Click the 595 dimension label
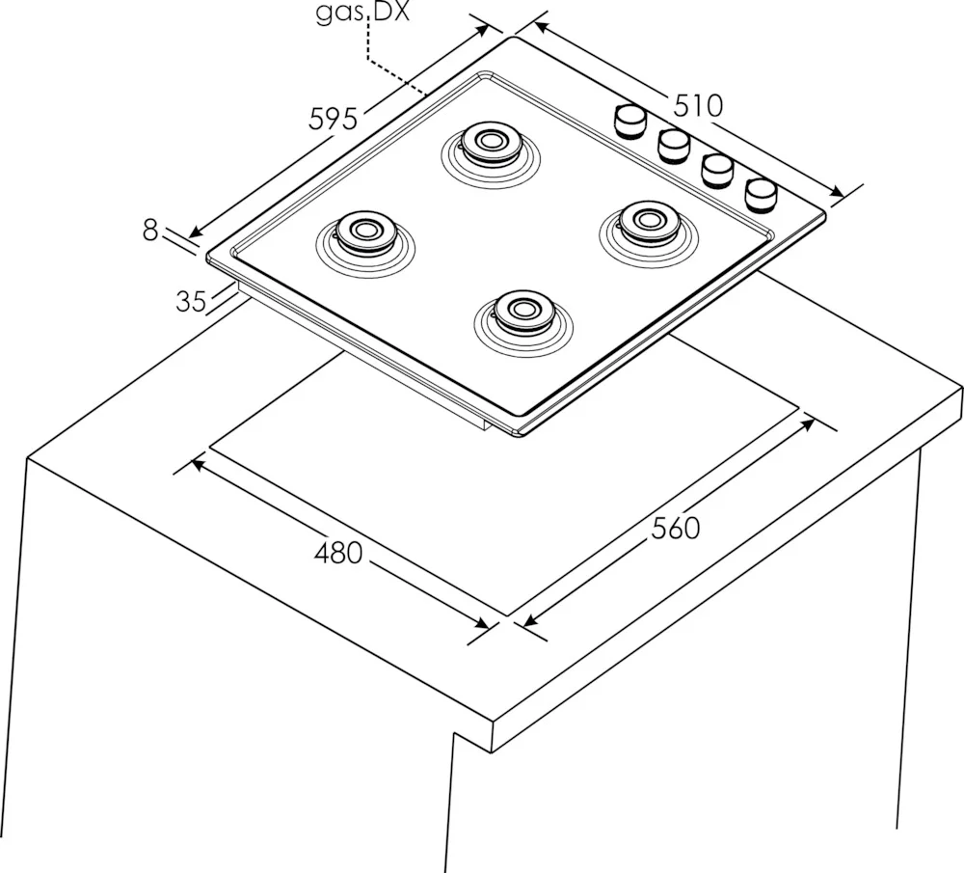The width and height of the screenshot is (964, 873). [x=334, y=120]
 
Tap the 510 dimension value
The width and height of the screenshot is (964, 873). [x=698, y=105]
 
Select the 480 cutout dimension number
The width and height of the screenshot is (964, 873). [x=338, y=554]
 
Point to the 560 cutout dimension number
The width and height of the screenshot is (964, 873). [x=675, y=529]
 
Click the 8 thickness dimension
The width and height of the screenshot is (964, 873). [x=149, y=230]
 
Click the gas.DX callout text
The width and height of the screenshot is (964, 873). [x=362, y=14]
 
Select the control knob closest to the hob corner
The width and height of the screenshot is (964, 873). [x=762, y=193]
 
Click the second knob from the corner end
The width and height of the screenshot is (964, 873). [x=718, y=169]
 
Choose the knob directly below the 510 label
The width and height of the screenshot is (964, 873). [x=675, y=145]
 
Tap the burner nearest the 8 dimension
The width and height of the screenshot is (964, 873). [x=363, y=232]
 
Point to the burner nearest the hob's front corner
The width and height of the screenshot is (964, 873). [x=522, y=310]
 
